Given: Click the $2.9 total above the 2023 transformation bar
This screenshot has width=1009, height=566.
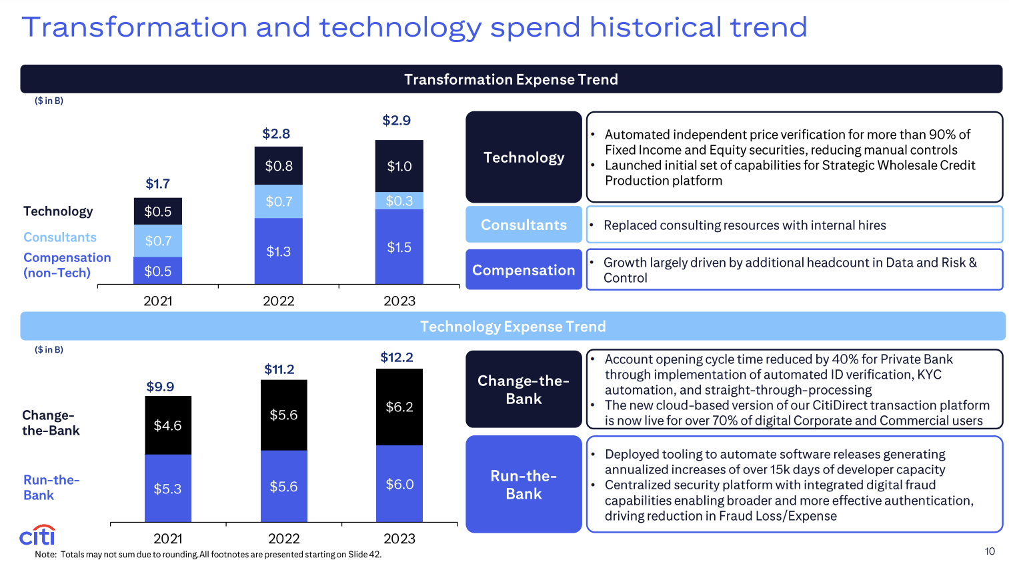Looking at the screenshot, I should point(396,121).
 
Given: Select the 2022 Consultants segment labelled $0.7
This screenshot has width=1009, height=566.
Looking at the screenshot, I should point(279,201).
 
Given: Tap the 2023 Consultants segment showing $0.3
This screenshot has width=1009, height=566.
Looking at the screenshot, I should point(399,201).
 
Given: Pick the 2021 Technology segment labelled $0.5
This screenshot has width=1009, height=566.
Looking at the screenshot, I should point(158,211).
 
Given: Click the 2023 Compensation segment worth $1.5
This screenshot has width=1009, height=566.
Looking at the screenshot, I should point(399,247).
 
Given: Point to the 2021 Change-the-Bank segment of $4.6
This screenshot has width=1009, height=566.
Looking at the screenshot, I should point(167,425).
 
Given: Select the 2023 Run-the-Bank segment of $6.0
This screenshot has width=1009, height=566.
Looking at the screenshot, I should point(399,484).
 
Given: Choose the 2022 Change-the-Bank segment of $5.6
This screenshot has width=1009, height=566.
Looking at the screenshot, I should point(283,415).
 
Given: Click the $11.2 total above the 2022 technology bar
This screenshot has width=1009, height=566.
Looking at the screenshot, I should point(279,369).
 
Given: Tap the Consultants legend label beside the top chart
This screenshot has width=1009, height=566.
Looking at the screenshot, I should point(60,237).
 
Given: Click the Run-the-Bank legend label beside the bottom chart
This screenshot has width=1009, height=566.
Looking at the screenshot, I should point(51,487).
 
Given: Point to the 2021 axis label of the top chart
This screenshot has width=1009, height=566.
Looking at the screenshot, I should point(158,301).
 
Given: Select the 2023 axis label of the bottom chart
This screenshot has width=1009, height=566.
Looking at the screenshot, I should point(399,539).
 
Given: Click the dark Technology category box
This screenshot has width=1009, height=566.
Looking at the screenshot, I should point(524,157).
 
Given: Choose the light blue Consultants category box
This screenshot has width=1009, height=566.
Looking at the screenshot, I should point(524,225).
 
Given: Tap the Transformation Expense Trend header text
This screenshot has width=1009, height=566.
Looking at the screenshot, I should point(511,79).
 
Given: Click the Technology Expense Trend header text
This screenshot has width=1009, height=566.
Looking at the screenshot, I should point(513,327).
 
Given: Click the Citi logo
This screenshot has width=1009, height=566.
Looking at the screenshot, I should point(37,535).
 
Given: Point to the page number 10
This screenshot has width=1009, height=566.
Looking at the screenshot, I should point(990,551).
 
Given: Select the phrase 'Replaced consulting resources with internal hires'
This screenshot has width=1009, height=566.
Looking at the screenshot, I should point(744,225).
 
